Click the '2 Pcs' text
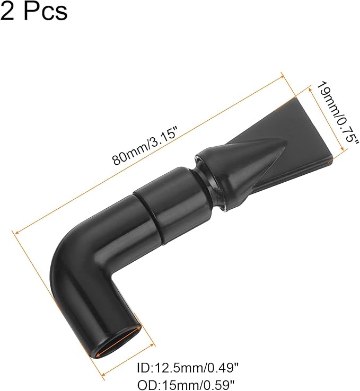[34, 11]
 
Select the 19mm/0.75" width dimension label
[337, 115]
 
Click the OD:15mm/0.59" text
[186, 385]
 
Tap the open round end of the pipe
[117, 345]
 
